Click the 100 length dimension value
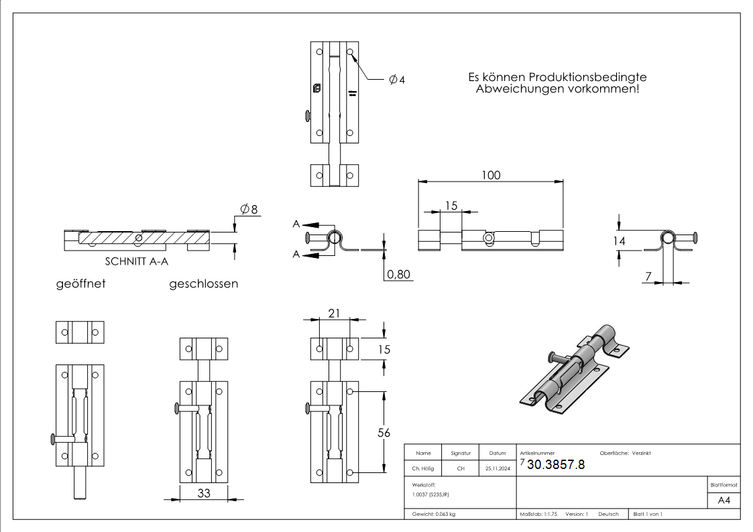(491, 174)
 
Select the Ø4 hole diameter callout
(397, 80)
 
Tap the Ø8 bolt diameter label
(250, 209)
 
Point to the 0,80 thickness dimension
(398, 274)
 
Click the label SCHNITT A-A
(136, 263)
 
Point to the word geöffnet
(80, 283)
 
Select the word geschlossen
(204, 283)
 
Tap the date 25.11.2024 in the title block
(497, 468)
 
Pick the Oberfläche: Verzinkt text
(625, 454)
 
